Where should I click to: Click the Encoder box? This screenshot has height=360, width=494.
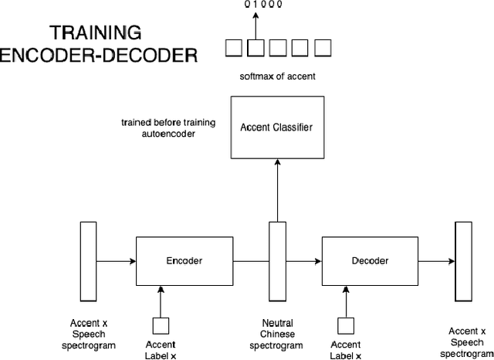(x=184, y=261)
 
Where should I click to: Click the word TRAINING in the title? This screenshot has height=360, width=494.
(x=96, y=32)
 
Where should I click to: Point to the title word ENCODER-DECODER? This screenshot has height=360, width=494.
(x=99, y=56)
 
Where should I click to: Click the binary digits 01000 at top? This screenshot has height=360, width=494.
(x=264, y=5)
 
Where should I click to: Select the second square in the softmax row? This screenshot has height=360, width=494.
(x=255, y=49)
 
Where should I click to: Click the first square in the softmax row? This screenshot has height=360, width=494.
(x=233, y=49)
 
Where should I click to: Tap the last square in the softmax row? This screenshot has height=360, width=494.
(x=323, y=49)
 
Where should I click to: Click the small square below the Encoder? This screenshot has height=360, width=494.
(x=161, y=325)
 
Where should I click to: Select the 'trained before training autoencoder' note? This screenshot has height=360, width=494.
(x=169, y=128)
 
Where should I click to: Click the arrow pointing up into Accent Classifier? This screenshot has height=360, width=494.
(x=276, y=193)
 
